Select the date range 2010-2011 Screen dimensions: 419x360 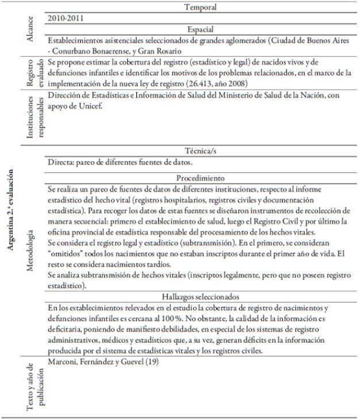66,18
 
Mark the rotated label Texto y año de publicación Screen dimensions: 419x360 35,382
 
